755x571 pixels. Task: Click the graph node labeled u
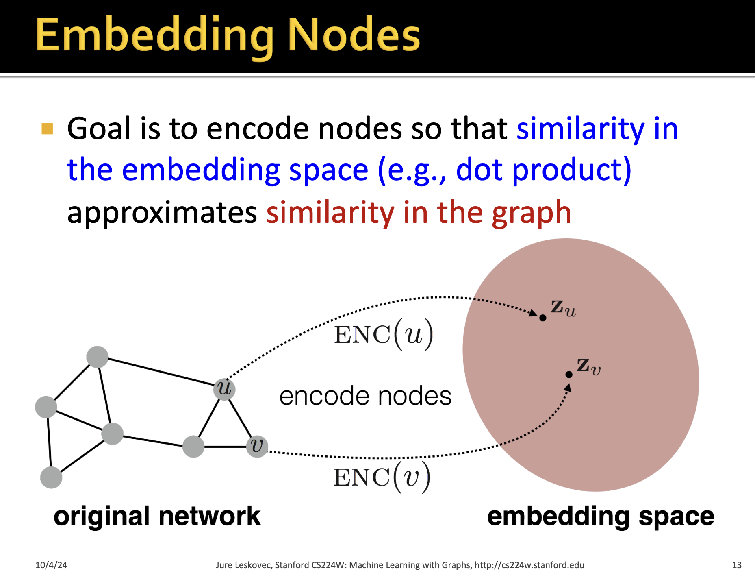point(224,389)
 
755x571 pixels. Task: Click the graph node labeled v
point(257,446)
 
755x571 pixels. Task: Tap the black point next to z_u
point(542,318)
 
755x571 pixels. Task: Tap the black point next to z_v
point(569,375)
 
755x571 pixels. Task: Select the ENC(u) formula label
point(383,334)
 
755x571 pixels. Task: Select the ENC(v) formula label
point(382,477)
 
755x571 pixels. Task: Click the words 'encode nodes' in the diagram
point(365,396)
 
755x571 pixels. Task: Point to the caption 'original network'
point(157,516)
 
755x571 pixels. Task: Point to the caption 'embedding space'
point(600,516)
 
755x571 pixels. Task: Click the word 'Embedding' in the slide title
point(154,36)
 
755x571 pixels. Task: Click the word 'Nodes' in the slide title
point(354,36)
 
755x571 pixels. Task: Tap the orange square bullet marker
point(48,129)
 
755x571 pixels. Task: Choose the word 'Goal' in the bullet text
point(99,129)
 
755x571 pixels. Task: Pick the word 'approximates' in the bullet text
point(162,212)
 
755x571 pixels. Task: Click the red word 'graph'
point(531,212)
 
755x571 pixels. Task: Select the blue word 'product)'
point(571,170)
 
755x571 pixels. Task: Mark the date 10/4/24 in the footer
point(51,565)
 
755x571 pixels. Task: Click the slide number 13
point(736,565)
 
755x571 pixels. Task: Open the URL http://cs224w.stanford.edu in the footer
point(529,565)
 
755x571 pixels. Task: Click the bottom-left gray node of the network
point(51,477)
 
